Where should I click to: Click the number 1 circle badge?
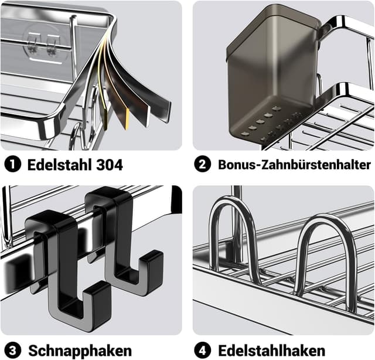(13, 165)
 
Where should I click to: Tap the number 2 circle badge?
(203, 165)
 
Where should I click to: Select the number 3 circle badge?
(13, 350)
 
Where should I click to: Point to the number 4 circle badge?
(203, 350)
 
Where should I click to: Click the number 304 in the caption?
(109, 165)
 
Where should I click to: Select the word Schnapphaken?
(81, 350)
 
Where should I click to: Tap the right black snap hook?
(120, 235)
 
